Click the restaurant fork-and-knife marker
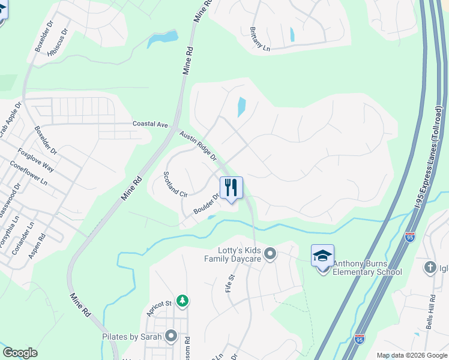(231, 188)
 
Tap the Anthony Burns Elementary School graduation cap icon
(322, 256)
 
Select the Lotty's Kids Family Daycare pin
(270, 254)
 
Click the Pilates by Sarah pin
(172, 336)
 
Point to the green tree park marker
(183, 300)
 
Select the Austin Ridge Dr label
(197, 146)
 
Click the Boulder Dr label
(205, 205)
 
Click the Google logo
(20, 353)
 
